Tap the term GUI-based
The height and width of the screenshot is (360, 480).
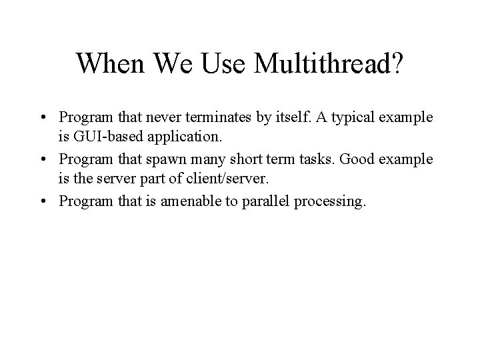pyautogui.click(x=102, y=139)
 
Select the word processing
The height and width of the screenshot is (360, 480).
pyautogui.click(x=325, y=202)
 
